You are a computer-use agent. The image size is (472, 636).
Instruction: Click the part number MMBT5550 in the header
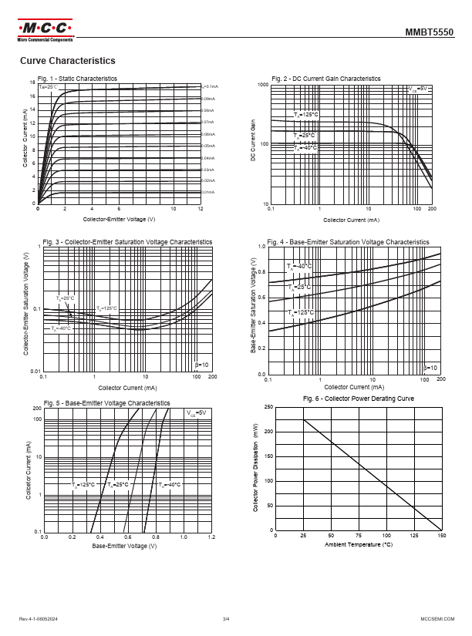pyautogui.click(x=430, y=34)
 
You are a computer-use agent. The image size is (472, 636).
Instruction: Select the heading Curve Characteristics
pyautogui.click(x=67, y=61)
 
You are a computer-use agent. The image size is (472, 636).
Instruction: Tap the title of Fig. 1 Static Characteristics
pyautogui.click(x=77, y=79)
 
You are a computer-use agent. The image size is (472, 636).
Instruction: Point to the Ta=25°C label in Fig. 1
pyautogui.click(x=49, y=87)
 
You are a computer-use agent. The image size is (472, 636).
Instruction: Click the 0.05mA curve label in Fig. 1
pyautogui.click(x=208, y=146)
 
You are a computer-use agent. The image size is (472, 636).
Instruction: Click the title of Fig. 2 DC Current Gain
pyautogui.click(x=326, y=79)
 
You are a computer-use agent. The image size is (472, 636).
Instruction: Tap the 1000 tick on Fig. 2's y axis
pyautogui.click(x=262, y=83)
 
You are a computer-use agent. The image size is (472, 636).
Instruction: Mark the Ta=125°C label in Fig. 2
pyautogui.click(x=305, y=115)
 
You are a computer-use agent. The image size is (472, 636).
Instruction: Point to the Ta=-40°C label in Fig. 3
pyautogui.click(x=61, y=328)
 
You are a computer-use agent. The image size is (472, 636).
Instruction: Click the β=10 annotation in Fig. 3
pyautogui.click(x=201, y=363)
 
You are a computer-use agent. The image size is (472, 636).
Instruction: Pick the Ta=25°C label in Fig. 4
pyautogui.click(x=299, y=287)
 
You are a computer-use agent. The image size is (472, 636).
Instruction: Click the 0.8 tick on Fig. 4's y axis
pyautogui.click(x=261, y=271)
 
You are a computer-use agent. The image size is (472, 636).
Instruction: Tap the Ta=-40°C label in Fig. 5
pyautogui.click(x=170, y=485)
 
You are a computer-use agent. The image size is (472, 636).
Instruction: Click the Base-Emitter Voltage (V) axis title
pyautogui.click(x=124, y=546)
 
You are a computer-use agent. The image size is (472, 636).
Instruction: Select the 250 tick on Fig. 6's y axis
pyautogui.click(x=268, y=406)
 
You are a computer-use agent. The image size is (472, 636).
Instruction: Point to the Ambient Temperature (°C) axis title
pyautogui.click(x=359, y=545)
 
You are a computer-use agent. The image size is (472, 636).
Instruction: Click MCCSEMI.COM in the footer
pyautogui.click(x=437, y=618)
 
